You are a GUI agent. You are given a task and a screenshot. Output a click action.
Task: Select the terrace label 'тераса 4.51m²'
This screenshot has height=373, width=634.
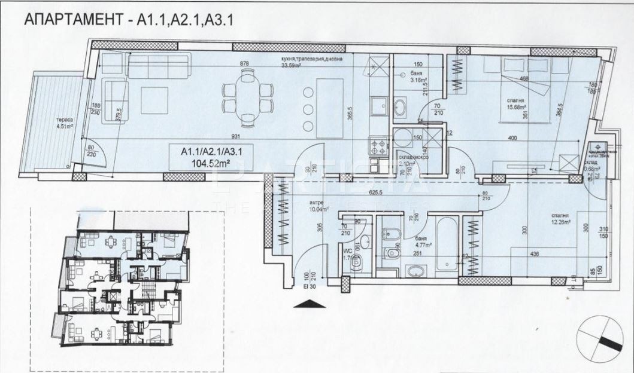(59, 121)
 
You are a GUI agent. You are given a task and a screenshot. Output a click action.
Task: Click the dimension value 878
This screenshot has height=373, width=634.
(244, 63)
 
